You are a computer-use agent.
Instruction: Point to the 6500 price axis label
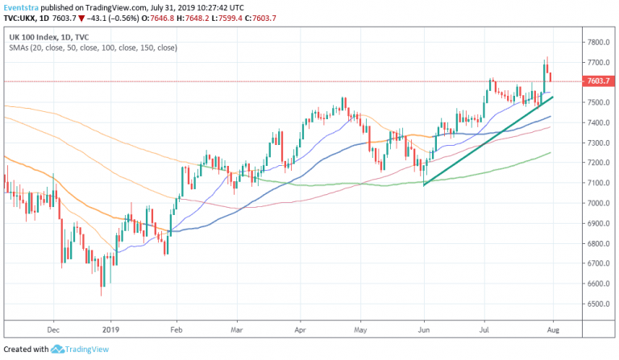[x=596, y=304]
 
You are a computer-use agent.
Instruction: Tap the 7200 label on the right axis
[x=596, y=163]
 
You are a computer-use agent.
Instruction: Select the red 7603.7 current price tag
[x=598, y=81]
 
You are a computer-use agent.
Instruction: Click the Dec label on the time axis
[x=53, y=329]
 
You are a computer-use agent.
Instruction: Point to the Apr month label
[x=301, y=329]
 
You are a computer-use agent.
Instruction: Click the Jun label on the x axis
[x=424, y=329]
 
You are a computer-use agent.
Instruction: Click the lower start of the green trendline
[x=424, y=185]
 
